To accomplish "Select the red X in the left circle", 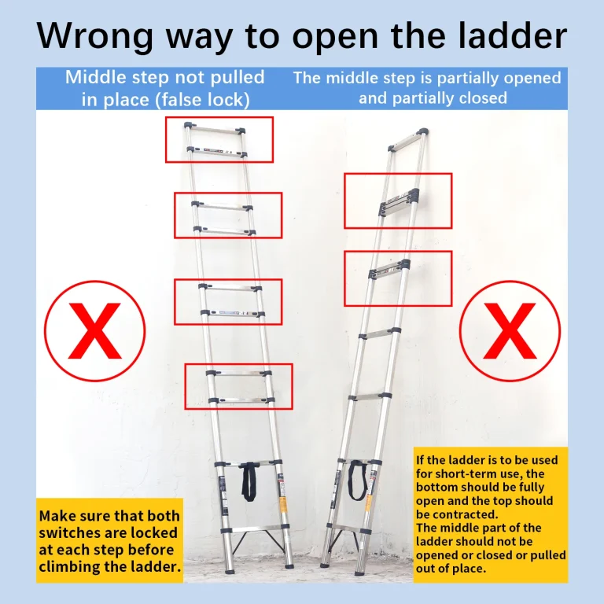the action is [94, 331].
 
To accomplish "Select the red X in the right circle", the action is [510, 331].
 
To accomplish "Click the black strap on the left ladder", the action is [249, 481].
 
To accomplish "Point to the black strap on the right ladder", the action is [358, 480].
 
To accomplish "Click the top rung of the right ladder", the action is [408, 139].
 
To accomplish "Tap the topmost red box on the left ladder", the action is [219, 139].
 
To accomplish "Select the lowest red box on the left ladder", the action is [238, 386].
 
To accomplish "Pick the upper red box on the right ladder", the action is [398, 201].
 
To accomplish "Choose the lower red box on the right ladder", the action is [398, 278].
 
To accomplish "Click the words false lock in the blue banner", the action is [202, 100].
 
